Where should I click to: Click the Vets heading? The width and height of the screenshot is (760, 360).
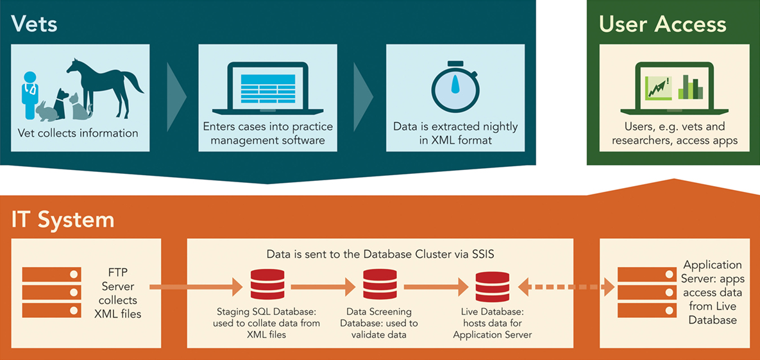click(34, 24)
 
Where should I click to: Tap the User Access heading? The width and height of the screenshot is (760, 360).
click(663, 24)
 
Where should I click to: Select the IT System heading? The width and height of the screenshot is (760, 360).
click(63, 219)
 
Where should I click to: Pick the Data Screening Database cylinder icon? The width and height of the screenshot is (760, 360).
click(379, 286)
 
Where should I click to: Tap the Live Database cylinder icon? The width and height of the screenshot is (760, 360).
click(492, 286)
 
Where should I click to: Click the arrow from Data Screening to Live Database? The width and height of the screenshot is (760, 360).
click(436, 286)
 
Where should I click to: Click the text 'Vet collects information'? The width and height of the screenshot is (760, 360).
click(78, 133)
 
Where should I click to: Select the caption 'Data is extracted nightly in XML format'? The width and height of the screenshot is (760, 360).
click(455, 133)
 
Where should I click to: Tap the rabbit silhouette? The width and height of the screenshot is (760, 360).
click(48, 110)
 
